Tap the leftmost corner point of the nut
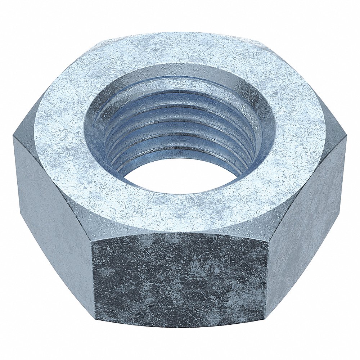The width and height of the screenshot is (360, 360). pyautogui.click(x=13, y=136)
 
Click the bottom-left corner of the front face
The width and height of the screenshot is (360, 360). pyautogui.click(x=94, y=324)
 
